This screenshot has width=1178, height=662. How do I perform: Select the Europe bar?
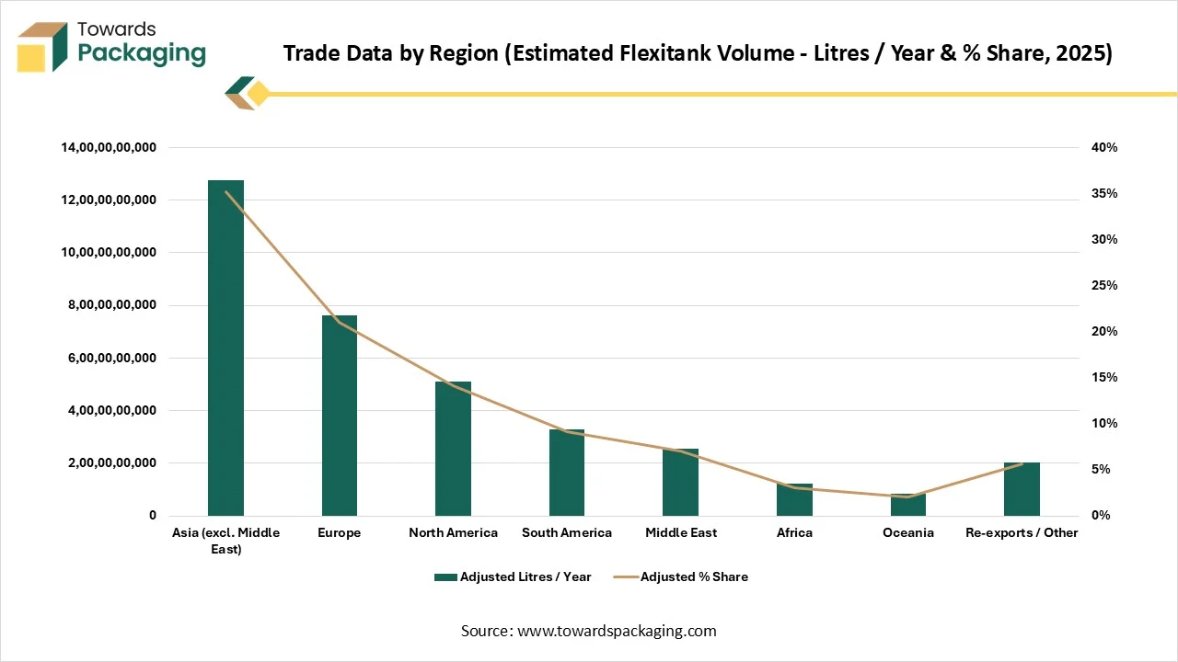point(339,416)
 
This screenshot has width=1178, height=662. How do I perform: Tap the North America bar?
point(453,449)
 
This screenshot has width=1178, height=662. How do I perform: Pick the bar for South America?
point(566,473)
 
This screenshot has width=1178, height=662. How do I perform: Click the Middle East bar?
point(680,482)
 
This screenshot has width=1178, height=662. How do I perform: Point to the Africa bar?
point(794,499)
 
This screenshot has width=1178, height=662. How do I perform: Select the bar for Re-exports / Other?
point(1022,489)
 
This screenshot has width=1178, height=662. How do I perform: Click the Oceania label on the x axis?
point(907,532)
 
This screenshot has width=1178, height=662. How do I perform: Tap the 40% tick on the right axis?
point(1104,147)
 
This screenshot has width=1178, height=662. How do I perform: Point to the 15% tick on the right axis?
point(1104,377)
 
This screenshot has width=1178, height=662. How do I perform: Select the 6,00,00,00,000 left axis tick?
point(109,358)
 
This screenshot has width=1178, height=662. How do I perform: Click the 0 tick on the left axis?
point(153,516)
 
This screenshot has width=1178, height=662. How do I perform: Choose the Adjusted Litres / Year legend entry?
point(513,576)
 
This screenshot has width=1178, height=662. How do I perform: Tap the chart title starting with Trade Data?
point(698,53)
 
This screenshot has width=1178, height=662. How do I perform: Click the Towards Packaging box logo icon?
point(42,47)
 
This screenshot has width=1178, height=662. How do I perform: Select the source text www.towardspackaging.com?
point(617,631)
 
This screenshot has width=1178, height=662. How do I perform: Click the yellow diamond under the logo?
point(259,94)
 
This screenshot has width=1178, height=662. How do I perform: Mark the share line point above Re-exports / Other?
point(1022,463)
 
